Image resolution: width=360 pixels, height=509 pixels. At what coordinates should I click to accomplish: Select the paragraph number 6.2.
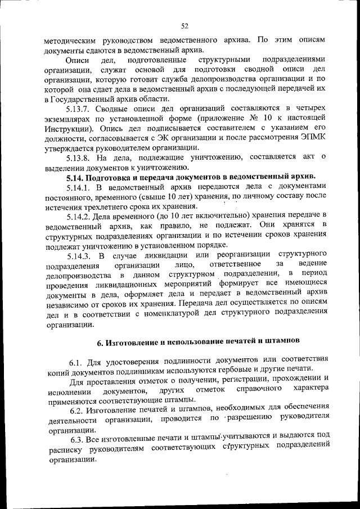coord(78,409)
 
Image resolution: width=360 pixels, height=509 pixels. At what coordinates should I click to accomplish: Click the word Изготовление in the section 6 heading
coord(134,340)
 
